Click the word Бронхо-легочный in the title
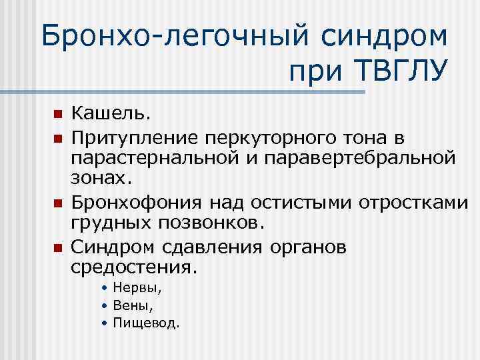167,37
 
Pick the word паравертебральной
360,158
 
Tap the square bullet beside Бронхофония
58,202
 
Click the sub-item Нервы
137,289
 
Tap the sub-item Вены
134,306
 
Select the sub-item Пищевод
146,323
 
